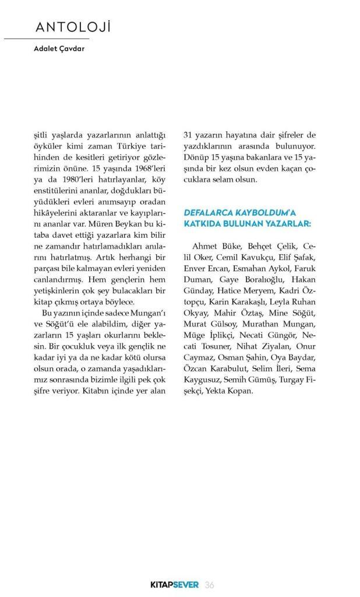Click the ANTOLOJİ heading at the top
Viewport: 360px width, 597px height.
click(x=73, y=27)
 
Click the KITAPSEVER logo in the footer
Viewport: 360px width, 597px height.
click(x=172, y=585)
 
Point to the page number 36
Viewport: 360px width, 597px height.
click(x=211, y=585)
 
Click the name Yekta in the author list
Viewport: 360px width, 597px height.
click(x=216, y=391)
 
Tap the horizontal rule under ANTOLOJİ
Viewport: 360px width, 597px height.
click(x=46, y=38)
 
